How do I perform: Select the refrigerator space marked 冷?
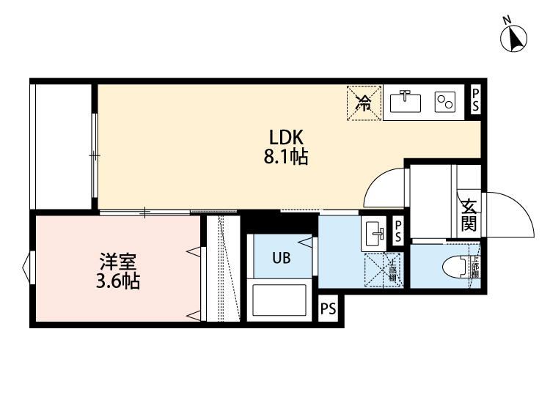click(x=363, y=103)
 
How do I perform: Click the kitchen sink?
click(x=404, y=102)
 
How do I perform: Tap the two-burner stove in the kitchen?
click(x=445, y=102)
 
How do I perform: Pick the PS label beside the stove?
click(x=475, y=100)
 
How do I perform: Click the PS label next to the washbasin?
click(x=397, y=232)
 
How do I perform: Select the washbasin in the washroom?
click(x=374, y=234)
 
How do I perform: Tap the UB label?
click(x=282, y=257)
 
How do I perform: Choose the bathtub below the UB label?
click(x=282, y=300)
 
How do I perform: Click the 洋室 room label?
click(x=117, y=262)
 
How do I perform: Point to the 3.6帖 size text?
click(x=117, y=281)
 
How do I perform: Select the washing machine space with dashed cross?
click(x=381, y=270)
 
